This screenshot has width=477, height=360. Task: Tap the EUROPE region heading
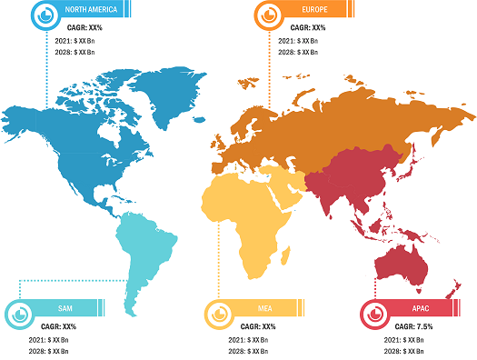tap(311, 11)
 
